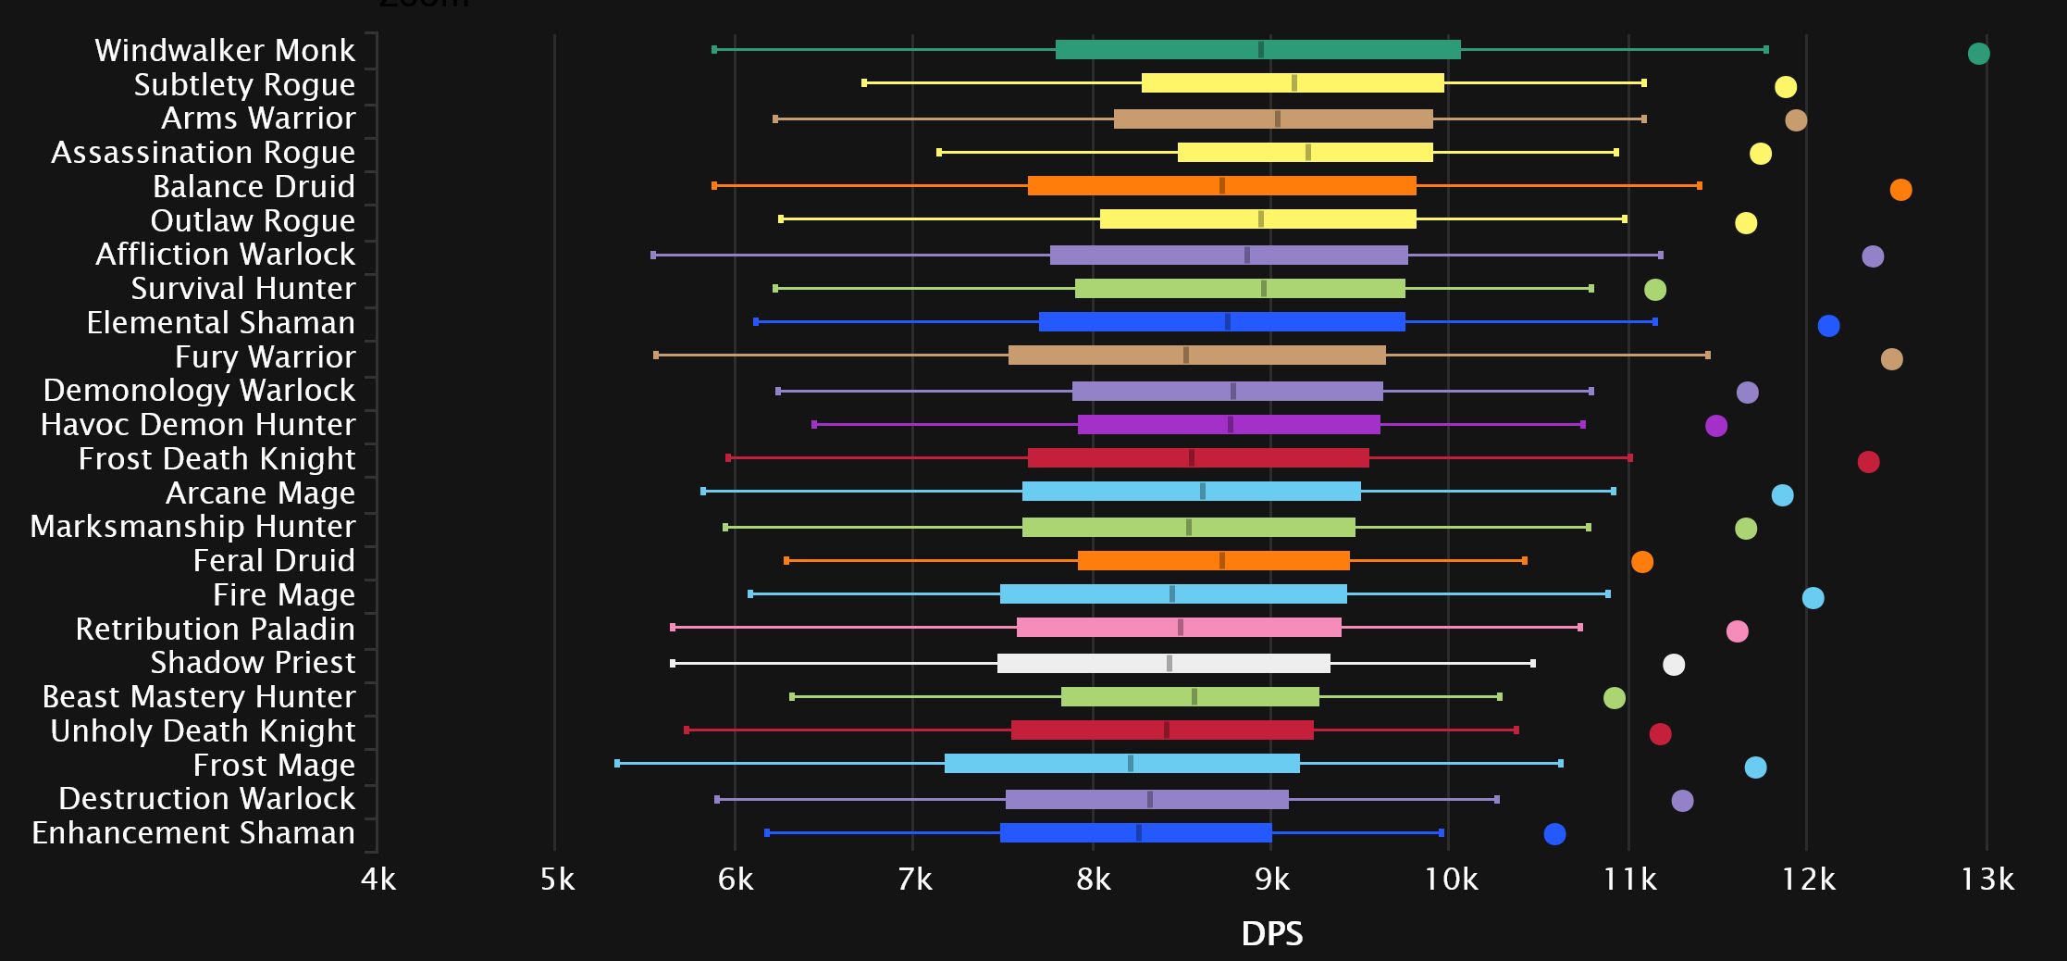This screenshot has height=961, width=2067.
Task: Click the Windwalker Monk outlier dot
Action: pyautogui.click(x=1978, y=54)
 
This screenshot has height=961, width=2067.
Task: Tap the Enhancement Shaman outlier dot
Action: pyautogui.click(x=1554, y=834)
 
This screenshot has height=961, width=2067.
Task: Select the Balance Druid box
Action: pyautogui.click(x=1221, y=186)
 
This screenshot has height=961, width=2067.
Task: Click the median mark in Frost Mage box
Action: pyautogui.click(x=1131, y=764)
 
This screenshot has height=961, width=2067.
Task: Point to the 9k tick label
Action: pyautogui.click(x=1272, y=879)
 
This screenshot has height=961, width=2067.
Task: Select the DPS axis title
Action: pyautogui.click(x=1272, y=933)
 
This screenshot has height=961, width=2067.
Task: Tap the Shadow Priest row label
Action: pyautogui.click(x=253, y=663)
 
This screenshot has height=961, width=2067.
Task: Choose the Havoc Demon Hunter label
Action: pyautogui.click(x=198, y=425)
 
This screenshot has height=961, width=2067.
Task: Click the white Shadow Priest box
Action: pyautogui.click(x=1163, y=664)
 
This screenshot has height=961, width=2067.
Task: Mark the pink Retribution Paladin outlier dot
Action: pyautogui.click(x=1737, y=631)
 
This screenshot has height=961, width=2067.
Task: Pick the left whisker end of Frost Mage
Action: pyautogui.click(x=617, y=764)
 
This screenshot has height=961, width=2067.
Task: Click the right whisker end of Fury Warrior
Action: pyautogui.click(x=1707, y=356)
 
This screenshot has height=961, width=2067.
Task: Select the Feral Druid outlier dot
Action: pyautogui.click(x=1641, y=562)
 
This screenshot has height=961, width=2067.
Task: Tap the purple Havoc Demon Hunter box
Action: pyautogui.click(x=1229, y=425)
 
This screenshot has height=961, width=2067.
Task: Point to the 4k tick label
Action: pyautogui.click(x=378, y=879)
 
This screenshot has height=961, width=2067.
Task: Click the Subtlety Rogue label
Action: pyautogui.click(x=244, y=84)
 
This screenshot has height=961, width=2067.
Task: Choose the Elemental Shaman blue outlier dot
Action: pyautogui.click(x=1828, y=326)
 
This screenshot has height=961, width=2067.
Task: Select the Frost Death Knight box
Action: pyautogui.click(x=1198, y=458)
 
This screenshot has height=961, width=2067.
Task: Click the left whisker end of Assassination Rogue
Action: pyautogui.click(x=939, y=152)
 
